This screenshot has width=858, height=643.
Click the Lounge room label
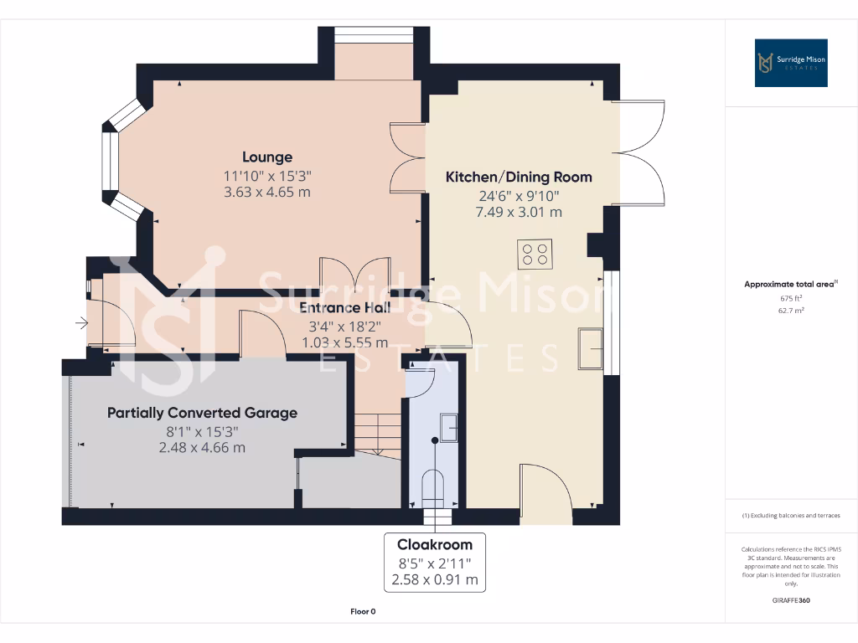point(267,157)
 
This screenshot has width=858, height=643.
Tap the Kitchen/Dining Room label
point(518,177)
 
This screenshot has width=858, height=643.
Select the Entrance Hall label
point(345,307)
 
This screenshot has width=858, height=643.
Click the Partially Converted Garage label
point(202,413)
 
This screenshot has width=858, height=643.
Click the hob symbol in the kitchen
point(535,255)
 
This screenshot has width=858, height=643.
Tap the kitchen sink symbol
point(590,349)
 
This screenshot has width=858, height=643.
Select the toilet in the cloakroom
point(433,488)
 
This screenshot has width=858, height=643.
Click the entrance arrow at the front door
point(81,322)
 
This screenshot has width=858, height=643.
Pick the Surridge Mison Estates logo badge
point(791,63)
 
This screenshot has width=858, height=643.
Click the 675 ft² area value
point(791,298)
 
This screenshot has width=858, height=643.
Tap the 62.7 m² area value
point(791,310)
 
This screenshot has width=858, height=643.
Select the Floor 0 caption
point(362,612)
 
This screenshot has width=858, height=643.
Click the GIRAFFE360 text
point(791,600)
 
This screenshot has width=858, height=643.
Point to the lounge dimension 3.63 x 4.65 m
point(267,192)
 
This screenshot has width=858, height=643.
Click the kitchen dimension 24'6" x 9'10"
point(518,196)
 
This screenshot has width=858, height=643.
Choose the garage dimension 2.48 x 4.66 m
point(202,448)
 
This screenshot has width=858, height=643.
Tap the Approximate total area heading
point(789,285)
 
